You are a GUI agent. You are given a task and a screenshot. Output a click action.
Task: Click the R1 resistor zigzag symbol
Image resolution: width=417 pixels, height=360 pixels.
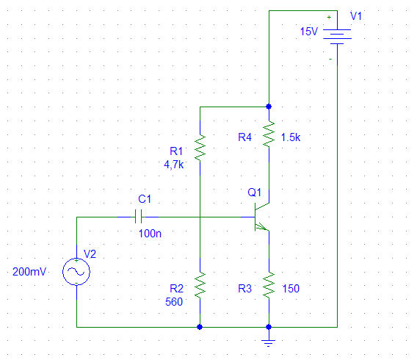click(x=200, y=148)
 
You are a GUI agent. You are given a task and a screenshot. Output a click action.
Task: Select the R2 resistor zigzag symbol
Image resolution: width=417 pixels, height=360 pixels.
click(x=200, y=285)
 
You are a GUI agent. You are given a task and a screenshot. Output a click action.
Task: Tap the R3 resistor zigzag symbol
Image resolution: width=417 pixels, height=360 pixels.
click(x=269, y=285)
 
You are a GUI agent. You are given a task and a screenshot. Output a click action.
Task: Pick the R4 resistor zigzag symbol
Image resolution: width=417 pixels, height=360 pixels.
click(x=269, y=134)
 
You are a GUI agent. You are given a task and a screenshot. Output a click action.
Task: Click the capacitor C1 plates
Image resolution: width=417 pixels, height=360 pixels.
click(x=138, y=217)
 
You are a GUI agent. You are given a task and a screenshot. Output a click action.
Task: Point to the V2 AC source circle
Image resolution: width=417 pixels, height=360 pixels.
click(x=76, y=272)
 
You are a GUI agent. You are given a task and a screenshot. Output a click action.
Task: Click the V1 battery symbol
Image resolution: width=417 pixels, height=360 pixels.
click(x=337, y=37)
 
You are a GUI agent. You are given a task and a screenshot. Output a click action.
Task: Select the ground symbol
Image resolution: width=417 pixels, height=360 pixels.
click(x=269, y=343)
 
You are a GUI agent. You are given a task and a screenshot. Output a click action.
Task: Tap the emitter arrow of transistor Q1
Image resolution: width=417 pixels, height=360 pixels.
click(x=261, y=227)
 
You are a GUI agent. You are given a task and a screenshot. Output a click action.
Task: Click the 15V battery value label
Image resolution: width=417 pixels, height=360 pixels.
click(x=309, y=32)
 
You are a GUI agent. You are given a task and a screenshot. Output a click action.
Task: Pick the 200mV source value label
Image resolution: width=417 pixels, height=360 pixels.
click(x=29, y=272)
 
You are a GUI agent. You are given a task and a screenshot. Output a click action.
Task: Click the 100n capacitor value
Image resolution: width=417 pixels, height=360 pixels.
click(x=150, y=234)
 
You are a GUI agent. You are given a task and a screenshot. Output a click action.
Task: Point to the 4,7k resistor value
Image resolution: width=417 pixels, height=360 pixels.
click(x=174, y=165)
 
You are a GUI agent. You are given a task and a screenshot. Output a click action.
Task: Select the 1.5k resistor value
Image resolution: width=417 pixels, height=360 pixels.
click(x=291, y=137)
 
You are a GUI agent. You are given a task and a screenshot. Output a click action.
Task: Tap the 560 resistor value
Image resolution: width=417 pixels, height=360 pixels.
click(x=174, y=302)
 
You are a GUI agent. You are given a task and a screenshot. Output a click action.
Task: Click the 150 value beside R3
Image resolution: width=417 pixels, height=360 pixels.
click(x=291, y=289)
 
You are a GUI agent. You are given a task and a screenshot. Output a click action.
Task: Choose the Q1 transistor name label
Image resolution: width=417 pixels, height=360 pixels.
click(x=255, y=192)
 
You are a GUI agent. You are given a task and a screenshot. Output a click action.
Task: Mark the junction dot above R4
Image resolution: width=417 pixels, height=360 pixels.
click(x=269, y=107)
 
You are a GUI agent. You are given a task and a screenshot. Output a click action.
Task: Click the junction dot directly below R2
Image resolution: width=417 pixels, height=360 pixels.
click(x=200, y=327)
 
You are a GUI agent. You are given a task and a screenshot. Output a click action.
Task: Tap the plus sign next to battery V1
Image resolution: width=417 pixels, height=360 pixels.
click(x=329, y=18)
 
